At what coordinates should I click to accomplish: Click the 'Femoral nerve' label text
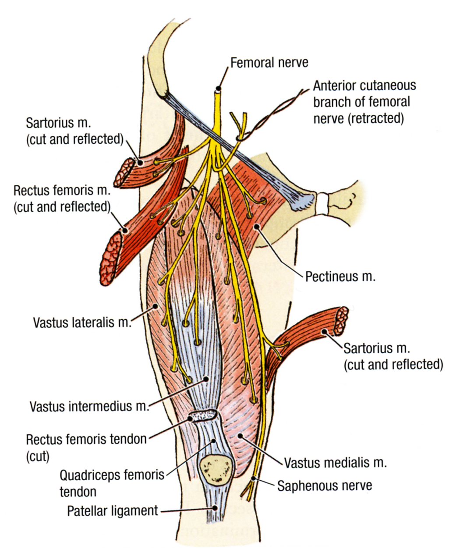(x=269, y=63)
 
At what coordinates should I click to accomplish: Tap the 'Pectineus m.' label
(x=340, y=276)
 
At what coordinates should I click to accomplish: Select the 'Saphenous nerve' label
(x=325, y=485)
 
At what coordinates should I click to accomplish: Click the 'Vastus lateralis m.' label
(x=82, y=323)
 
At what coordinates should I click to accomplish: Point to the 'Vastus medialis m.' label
(x=335, y=463)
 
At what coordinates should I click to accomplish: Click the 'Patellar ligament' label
(x=112, y=511)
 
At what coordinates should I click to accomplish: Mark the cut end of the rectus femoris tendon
(x=202, y=415)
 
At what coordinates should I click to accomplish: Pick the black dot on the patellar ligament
(x=215, y=507)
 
